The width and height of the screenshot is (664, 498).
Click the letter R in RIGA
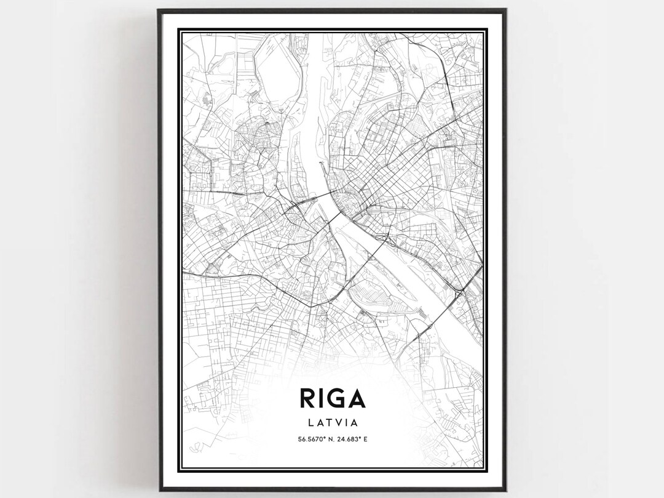[x=307, y=398]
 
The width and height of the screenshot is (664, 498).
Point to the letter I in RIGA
[x=319, y=398]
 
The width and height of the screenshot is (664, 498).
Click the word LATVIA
[x=332, y=423]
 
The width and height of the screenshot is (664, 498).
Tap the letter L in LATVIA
[x=309, y=423]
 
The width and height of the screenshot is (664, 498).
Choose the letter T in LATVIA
[x=329, y=423]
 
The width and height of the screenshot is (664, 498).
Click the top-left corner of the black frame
[x=158, y=10]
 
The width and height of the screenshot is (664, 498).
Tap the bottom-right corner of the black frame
[x=506, y=490]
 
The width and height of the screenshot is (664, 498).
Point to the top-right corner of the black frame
[x=506, y=10]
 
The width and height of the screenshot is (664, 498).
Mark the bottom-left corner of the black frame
[x=158, y=490]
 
